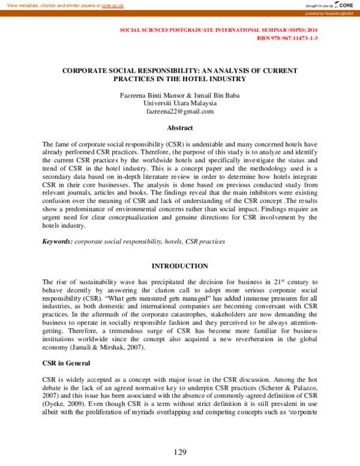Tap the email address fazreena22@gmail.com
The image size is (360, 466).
click(180, 111)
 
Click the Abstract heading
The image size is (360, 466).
click(180, 128)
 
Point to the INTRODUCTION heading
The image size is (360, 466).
click(180, 266)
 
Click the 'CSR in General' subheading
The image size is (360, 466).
click(66, 363)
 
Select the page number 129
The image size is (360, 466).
click(180, 452)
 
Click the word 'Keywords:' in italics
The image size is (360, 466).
click(57, 241)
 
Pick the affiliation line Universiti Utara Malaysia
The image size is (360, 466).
click(180, 103)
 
